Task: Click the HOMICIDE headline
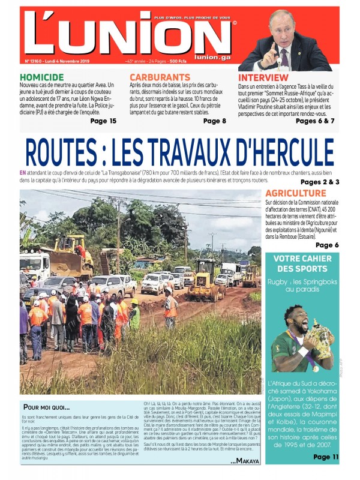tap(42, 77)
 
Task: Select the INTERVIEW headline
tap(263, 77)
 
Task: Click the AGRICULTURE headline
tap(296, 193)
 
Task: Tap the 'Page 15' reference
tap(103, 121)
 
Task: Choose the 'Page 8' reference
tap(215, 121)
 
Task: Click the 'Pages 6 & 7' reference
tap(315, 121)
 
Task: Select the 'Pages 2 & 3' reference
tap(320, 181)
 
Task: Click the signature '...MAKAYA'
tap(245, 461)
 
